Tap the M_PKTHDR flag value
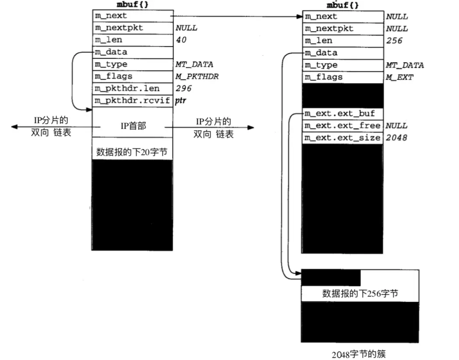pos(194,76)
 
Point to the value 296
pos(183,88)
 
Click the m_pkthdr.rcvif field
pos(132,101)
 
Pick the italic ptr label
pos(181,101)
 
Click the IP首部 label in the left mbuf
pos(133,126)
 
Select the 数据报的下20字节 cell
pos(132,152)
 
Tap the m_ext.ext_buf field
pos(339,113)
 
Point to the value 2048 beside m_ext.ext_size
pos(396,138)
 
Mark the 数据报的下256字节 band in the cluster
pos(360,293)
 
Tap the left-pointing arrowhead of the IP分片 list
pos(14,127)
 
